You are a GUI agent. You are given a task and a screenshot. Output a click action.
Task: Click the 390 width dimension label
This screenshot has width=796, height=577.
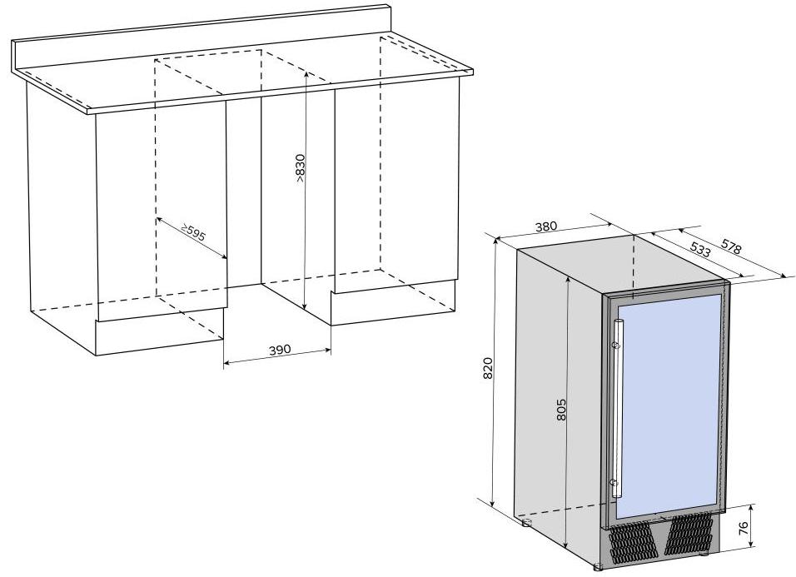point(280,350)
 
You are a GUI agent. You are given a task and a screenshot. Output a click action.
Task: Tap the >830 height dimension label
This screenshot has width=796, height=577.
point(300,168)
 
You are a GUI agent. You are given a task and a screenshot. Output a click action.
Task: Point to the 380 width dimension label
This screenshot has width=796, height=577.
point(546,226)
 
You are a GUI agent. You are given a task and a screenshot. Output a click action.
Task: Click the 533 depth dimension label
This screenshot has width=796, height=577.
point(700,248)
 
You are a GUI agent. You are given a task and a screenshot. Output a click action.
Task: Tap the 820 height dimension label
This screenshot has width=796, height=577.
point(488,368)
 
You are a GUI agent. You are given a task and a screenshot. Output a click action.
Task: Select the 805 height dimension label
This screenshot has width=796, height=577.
point(560,410)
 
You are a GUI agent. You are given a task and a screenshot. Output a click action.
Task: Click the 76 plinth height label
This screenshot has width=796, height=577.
point(744,528)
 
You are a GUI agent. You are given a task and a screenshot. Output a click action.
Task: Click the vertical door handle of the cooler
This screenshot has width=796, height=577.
point(617,409)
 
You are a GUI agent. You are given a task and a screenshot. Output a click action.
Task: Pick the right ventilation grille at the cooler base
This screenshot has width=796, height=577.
point(689,534)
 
